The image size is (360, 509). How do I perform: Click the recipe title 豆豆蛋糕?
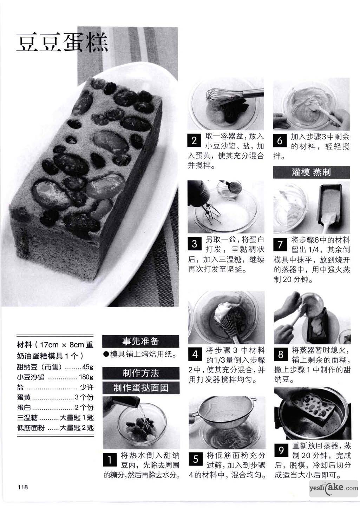(62, 42)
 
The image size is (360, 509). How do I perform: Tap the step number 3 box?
(195, 244)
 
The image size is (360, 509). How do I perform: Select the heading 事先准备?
(140, 341)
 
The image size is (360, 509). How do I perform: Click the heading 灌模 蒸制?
(311, 172)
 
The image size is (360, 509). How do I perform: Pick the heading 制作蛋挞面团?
(141, 388)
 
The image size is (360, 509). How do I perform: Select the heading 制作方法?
(141, 373)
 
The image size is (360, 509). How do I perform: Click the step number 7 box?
(280, 244)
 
